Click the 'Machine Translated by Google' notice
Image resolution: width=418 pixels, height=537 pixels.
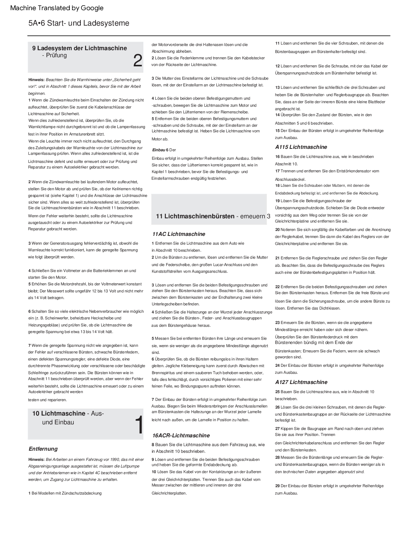pyautogui.click(x=57, y=8)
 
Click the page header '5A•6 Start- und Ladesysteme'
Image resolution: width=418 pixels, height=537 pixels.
pyautogui.click(x=79, y=23)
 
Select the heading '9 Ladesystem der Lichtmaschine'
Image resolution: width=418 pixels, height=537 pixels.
pyautogui.click(x=79, y=48)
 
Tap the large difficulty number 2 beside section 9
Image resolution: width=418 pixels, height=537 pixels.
pyautogui.click(x=138, y=61)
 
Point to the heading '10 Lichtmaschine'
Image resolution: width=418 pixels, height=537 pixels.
pyautogui.click(x=59, y=413)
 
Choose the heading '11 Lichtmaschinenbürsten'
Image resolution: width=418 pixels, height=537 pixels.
pyautogui.click(x=195, y=216)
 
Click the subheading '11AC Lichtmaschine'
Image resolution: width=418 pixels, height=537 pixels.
pyautogui.click(x=178, y=234)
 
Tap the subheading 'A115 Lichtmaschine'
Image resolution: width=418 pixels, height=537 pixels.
pyautogui.click(x=301, y=147)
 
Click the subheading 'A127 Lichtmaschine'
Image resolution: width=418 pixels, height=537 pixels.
pyautogui.click(x=301, y=382)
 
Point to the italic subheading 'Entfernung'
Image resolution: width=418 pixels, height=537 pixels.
pyautogui.click(x=43, y=449)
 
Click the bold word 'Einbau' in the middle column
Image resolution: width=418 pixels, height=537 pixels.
pyautogui.click(x=158, y=150)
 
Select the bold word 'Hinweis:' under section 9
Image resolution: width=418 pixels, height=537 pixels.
pyautogui.click(x=36, y=80)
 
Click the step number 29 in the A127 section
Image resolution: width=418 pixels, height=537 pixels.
pyautogui.click(x=277, y=486)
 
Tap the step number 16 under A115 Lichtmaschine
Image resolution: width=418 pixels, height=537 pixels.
pyautogui.click(x=277, y=157)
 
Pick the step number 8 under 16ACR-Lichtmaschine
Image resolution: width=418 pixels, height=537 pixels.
pyautogui.click(x=153, y=444)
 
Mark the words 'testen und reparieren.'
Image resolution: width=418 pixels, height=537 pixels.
pyautogui.click(x=47, y=400)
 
